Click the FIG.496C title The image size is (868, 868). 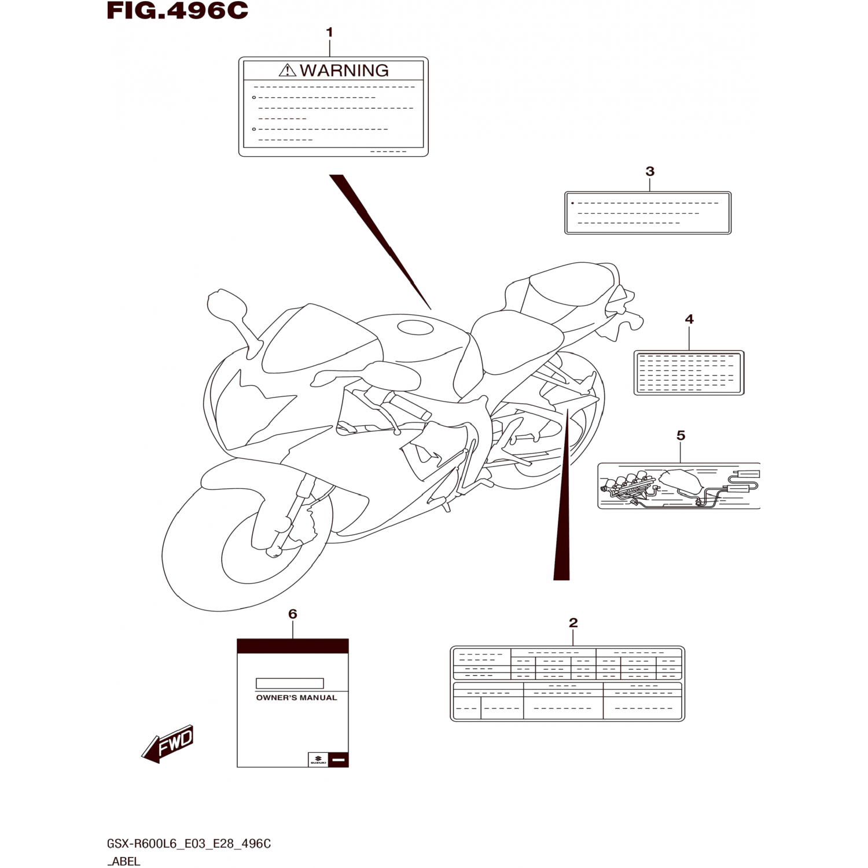click(177, 11)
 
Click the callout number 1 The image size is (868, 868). click(329, 32)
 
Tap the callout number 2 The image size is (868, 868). click(573, 623)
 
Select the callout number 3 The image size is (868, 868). click(650, 171)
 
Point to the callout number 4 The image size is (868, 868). click(689, 319)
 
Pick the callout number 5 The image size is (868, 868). click(681, 435)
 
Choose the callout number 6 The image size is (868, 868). click(292, 614)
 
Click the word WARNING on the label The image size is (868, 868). click(344, 71)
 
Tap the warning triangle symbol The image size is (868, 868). click(287, 71)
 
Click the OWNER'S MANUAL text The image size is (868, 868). click(296, 698)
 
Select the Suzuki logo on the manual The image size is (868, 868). click(318, 760)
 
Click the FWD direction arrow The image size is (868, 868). click(168, 744)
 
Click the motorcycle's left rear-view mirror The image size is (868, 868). click(225, 305)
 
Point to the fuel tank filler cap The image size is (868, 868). click(414, 328)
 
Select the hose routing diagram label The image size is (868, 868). click(678, 486)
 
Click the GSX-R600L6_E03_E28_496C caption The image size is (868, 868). click(189, 844)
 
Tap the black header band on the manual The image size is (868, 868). click(292, 646)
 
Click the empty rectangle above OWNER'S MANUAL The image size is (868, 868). click(289, 683)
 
